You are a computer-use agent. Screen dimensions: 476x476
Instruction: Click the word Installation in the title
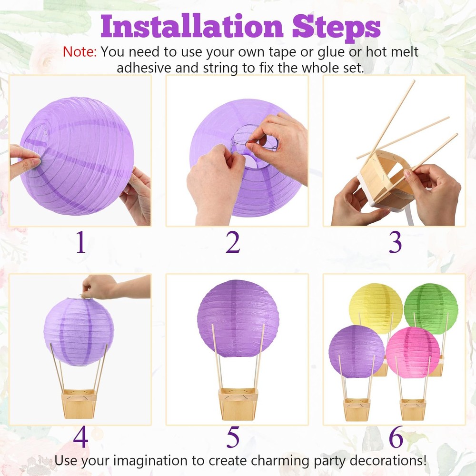click(192, 26)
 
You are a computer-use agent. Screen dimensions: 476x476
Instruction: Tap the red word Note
click(79, 52)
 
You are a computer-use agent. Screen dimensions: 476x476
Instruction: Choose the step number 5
click(233, 437)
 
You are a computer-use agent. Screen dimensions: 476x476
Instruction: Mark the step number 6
click(396, 436)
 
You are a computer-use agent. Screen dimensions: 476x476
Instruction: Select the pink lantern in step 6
click(413, 352)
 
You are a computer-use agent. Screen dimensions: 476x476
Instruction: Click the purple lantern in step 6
click(357, 351)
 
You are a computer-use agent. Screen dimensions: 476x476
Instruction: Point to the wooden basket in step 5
click(238, 403)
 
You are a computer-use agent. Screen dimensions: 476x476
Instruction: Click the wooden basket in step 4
click(79, 404)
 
